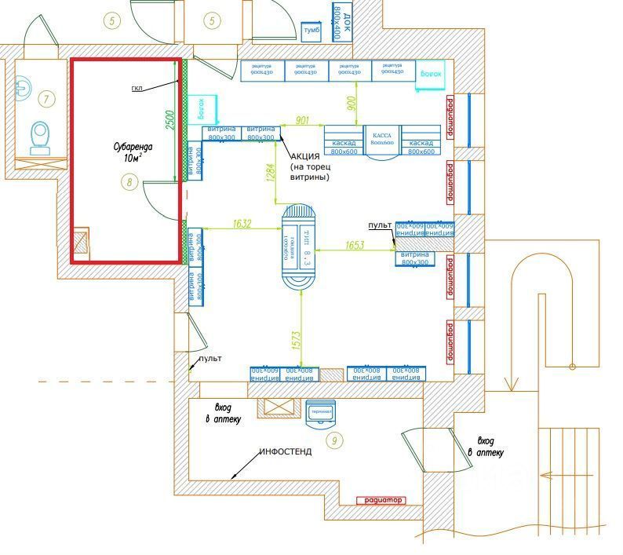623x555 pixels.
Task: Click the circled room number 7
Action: coord(46,99)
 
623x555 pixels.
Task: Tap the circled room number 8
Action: coord(130,183)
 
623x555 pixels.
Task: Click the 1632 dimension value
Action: coord(242,225)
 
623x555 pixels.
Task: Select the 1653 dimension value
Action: coord(354,246)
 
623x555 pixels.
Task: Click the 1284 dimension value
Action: coord(271,171)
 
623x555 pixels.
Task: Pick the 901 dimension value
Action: coord(302,120)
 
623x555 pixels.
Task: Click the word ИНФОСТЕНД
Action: coord(286,452)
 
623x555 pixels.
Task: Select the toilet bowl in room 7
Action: coord(39,137)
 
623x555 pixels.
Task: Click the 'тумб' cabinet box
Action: coord(312,30)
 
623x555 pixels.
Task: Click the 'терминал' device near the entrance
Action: coord(322,413)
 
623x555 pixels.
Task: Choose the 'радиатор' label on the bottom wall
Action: coord(380,500)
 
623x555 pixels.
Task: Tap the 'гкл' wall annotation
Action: coord(138,87)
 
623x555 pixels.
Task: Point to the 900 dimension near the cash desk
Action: coord(352,101)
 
